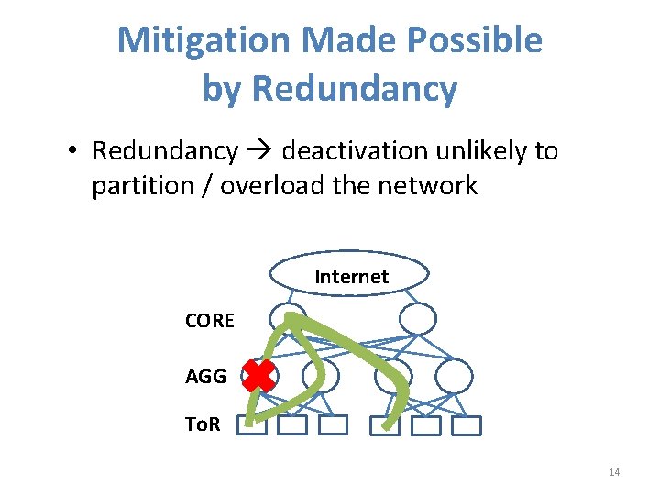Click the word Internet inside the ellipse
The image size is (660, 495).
pos(351,276)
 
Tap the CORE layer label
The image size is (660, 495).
pos(209,320)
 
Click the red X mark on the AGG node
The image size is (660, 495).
pos(259,376)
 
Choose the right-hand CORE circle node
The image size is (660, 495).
pos(418,318)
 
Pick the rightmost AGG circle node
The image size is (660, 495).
pos(455,376)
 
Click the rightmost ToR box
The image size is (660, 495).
pos(467,425)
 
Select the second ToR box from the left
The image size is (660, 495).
pos(292,425)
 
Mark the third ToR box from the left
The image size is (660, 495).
pos(334,425)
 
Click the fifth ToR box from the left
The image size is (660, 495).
pos(426,425)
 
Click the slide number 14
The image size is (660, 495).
pos(614,472)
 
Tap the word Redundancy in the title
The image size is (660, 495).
pos(354,89)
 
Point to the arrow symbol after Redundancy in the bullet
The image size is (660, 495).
pos(260,150)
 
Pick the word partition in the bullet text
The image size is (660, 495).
pos(142,186)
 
